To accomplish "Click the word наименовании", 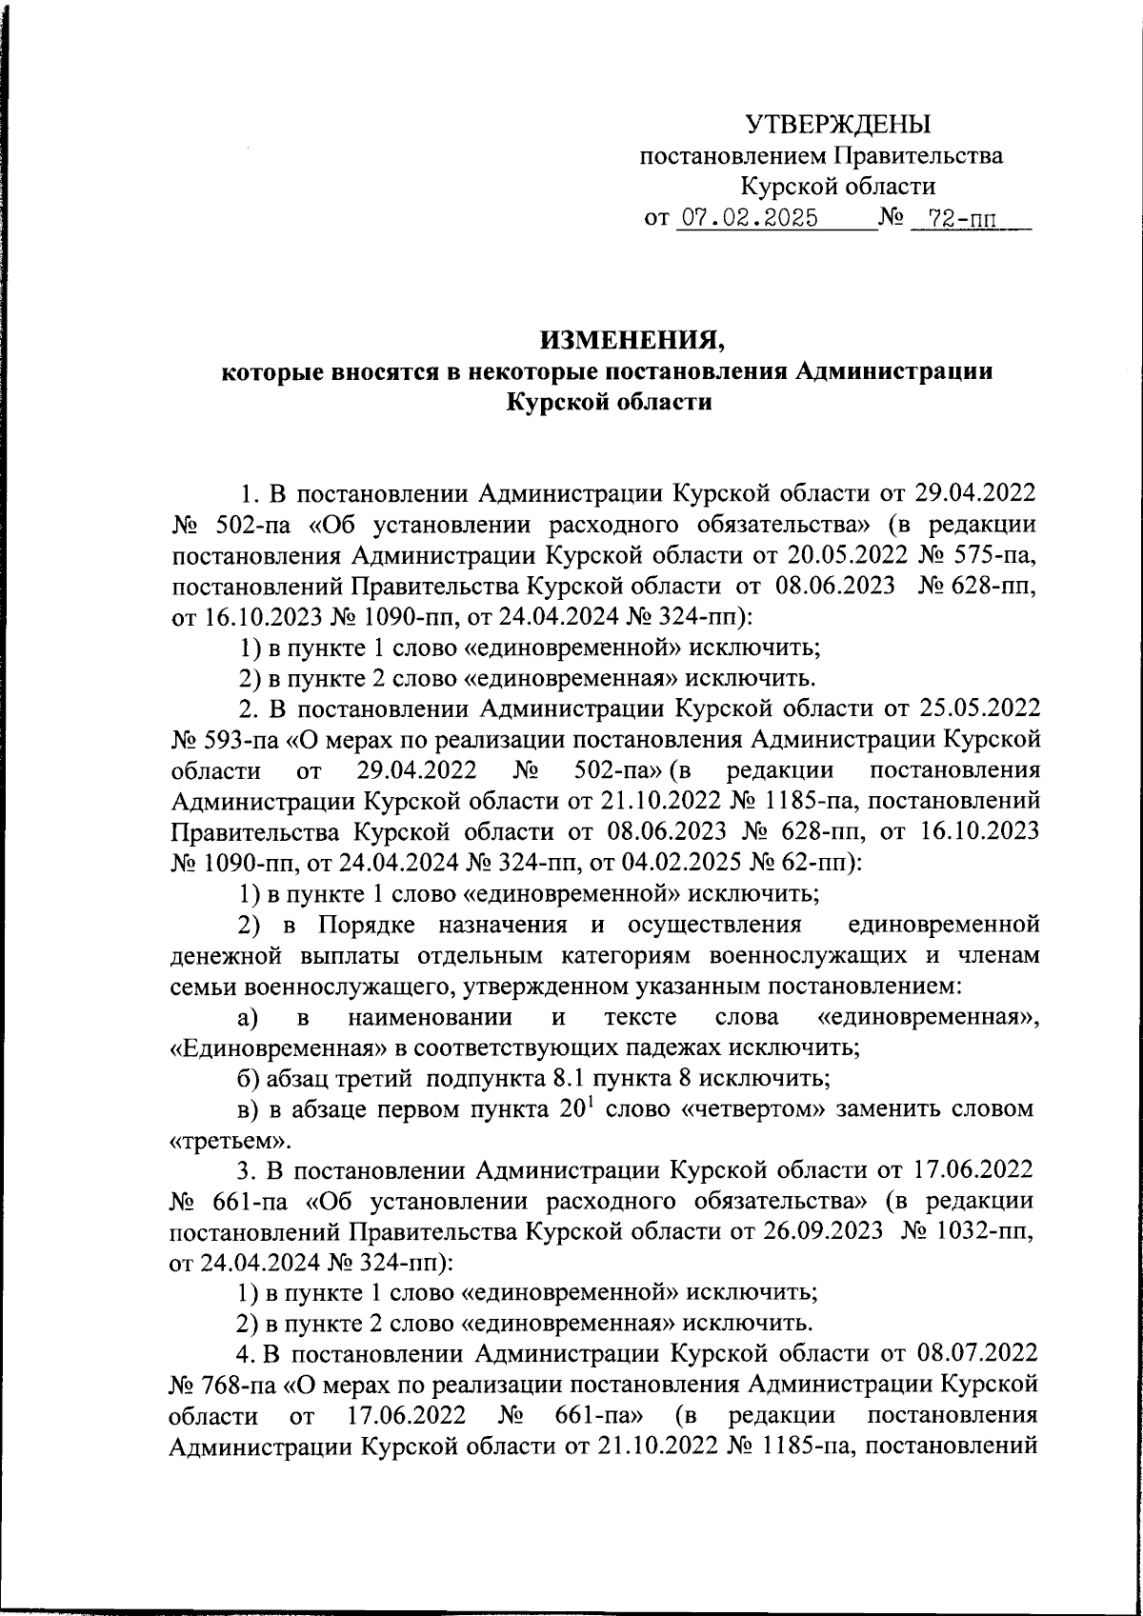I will click(x=430, y=1017).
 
